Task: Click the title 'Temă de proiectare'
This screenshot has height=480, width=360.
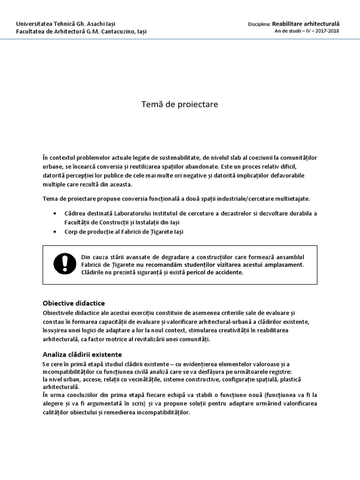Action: pos(180,105)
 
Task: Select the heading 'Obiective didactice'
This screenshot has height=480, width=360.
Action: pos(74,303)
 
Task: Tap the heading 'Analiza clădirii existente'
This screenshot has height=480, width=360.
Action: pos(82,354)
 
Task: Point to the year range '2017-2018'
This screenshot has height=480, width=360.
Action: pos(327,31)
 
